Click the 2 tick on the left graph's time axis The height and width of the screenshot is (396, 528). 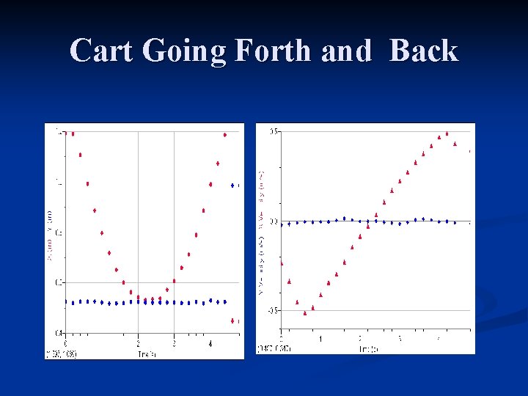click(138, 342)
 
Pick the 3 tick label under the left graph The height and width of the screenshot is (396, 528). click(174, 342)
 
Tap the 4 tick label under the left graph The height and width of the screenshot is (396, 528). click(210, 342)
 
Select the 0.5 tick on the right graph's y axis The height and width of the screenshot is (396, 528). click(274, 131)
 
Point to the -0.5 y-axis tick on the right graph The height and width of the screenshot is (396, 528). click(272, 311)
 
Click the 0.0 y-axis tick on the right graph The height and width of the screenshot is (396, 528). click(274, 221)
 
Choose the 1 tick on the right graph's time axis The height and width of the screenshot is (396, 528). click(320, 339)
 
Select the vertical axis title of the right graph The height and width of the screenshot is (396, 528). click(262, 231)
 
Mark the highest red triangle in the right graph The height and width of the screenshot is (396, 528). click(447, 133)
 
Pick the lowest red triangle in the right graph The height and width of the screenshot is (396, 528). click(305, 313)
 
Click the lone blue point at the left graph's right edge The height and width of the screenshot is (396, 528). click(232, 186)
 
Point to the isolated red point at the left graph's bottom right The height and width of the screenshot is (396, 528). click(232, 320)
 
